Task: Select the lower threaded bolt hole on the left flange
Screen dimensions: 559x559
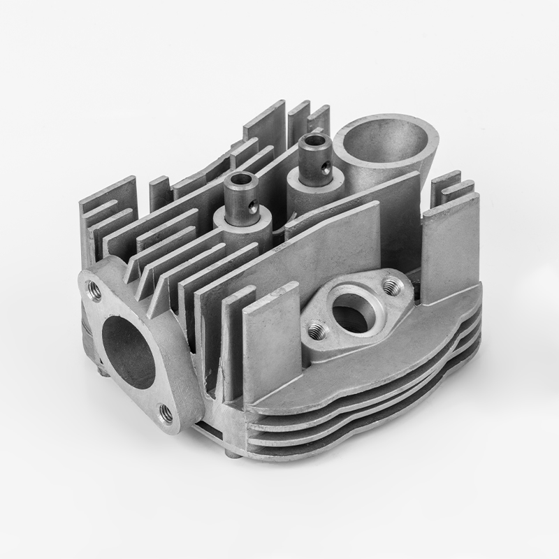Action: coord(166,414)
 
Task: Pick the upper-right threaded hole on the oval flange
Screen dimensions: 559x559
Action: coord(391,284)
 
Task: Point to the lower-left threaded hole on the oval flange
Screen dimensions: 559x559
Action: coord(317,328)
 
